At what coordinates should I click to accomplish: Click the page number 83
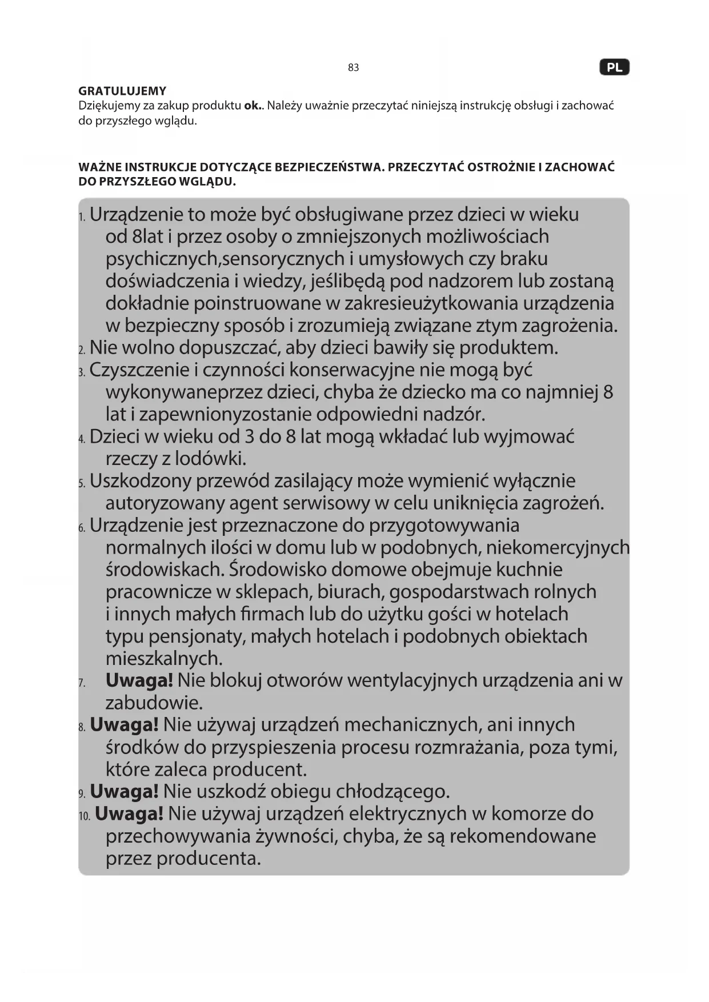tap(353, 67)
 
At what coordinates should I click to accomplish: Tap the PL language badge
tap(614, 67)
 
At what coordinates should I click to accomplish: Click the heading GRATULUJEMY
tap(122, 91)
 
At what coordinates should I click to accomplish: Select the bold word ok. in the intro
tap(253, 106)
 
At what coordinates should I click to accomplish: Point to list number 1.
tap(82, 217)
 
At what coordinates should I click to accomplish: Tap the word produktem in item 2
tap(508, 348)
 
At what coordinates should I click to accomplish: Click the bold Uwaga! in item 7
tap(139, 680)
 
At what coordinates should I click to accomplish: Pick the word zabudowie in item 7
tap(154, 703)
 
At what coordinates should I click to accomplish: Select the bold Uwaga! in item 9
tap(124, 792)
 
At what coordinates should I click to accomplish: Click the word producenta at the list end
tap(209, 858)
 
